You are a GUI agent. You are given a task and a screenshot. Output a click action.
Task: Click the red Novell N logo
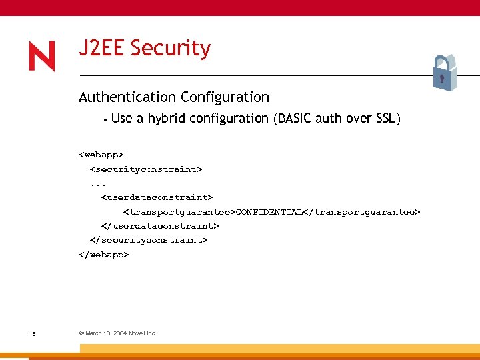41,57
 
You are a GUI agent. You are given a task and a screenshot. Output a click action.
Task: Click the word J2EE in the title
102,49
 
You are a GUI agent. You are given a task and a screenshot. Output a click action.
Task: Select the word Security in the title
171,49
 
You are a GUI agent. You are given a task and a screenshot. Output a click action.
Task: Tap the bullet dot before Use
105,120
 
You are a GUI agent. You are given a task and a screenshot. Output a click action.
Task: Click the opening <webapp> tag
101,155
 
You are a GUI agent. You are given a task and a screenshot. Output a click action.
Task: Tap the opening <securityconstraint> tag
146,169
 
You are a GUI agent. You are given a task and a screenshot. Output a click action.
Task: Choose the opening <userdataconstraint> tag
157,197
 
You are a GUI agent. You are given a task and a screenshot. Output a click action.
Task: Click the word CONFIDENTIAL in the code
270,212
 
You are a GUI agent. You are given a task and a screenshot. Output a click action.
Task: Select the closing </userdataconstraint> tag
160,226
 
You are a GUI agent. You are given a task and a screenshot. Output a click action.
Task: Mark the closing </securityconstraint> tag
149,240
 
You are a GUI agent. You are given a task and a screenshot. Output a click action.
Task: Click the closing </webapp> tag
104,254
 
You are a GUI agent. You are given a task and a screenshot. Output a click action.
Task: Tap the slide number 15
33,333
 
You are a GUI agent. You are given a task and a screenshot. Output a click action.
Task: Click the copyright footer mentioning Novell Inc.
117,333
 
